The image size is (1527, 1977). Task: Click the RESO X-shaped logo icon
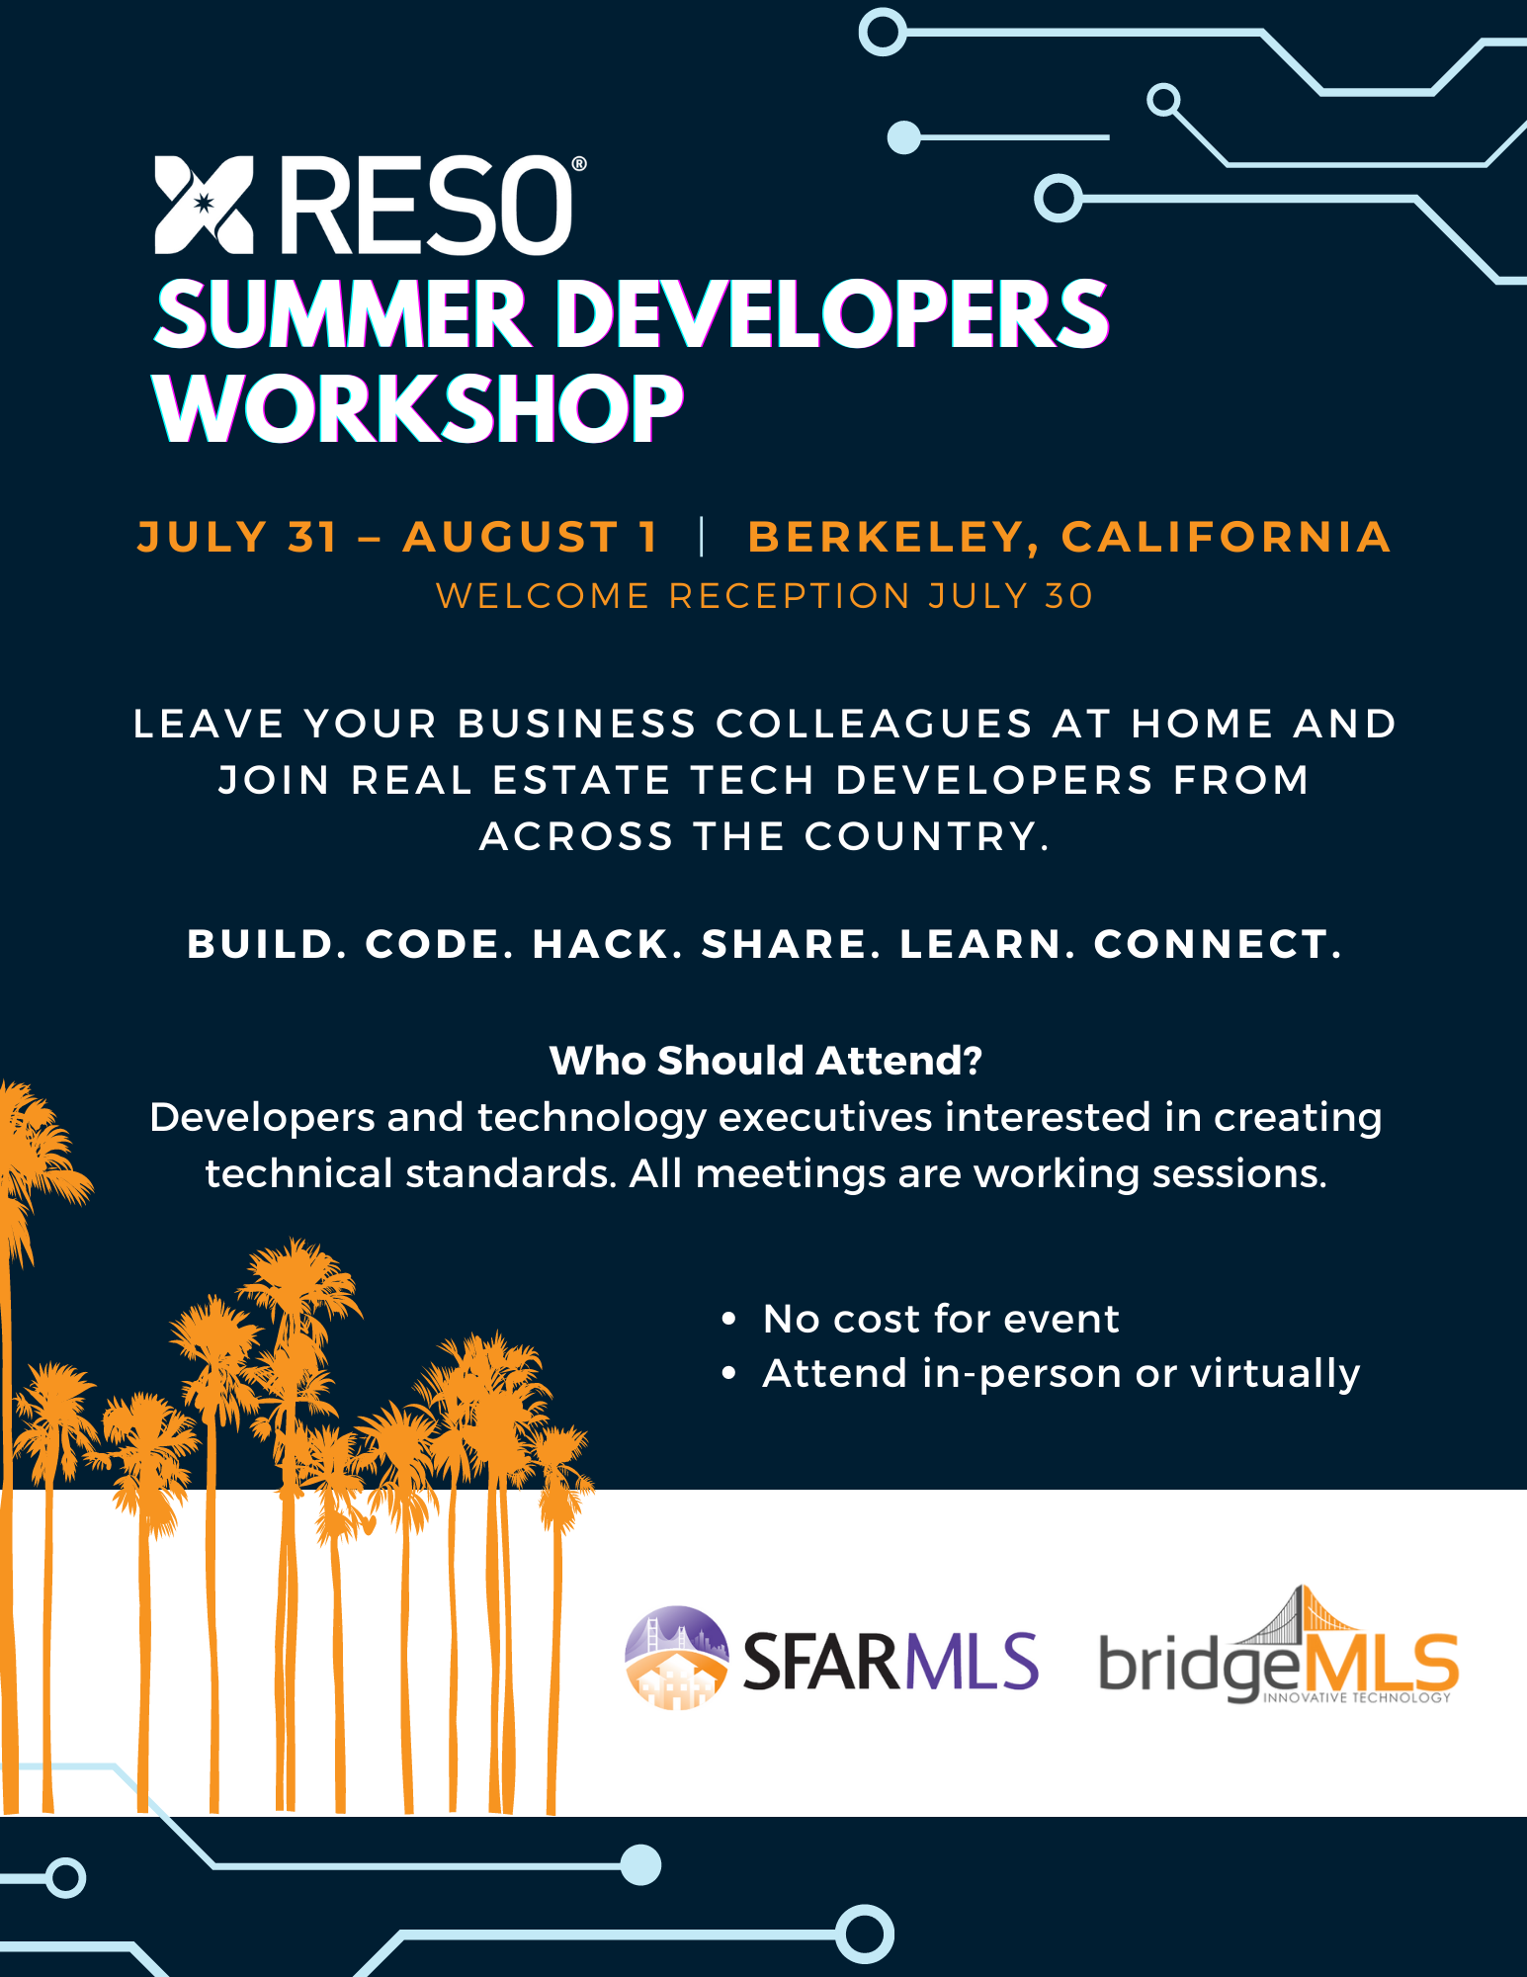click(x=204, y=205)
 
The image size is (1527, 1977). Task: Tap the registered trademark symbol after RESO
click(x=579, y=164)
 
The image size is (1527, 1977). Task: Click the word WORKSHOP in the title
click(x=418, y=407)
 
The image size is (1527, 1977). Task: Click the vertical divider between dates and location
click(x=702, y=537)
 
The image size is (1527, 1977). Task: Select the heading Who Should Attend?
click(x=766, y=1061)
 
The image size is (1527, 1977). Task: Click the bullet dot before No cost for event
click(x=729, y=1319)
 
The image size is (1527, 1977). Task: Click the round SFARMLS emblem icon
click(x=677, y=1658)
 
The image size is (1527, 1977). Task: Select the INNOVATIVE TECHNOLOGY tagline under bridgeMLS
click(x=1357, y=1698)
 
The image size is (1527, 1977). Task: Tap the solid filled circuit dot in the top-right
click(x=904, y=137)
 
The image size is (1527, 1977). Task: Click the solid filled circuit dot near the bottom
click(x=640, y=1865)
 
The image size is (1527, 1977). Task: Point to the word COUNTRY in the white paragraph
click(x=921, y=837)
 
